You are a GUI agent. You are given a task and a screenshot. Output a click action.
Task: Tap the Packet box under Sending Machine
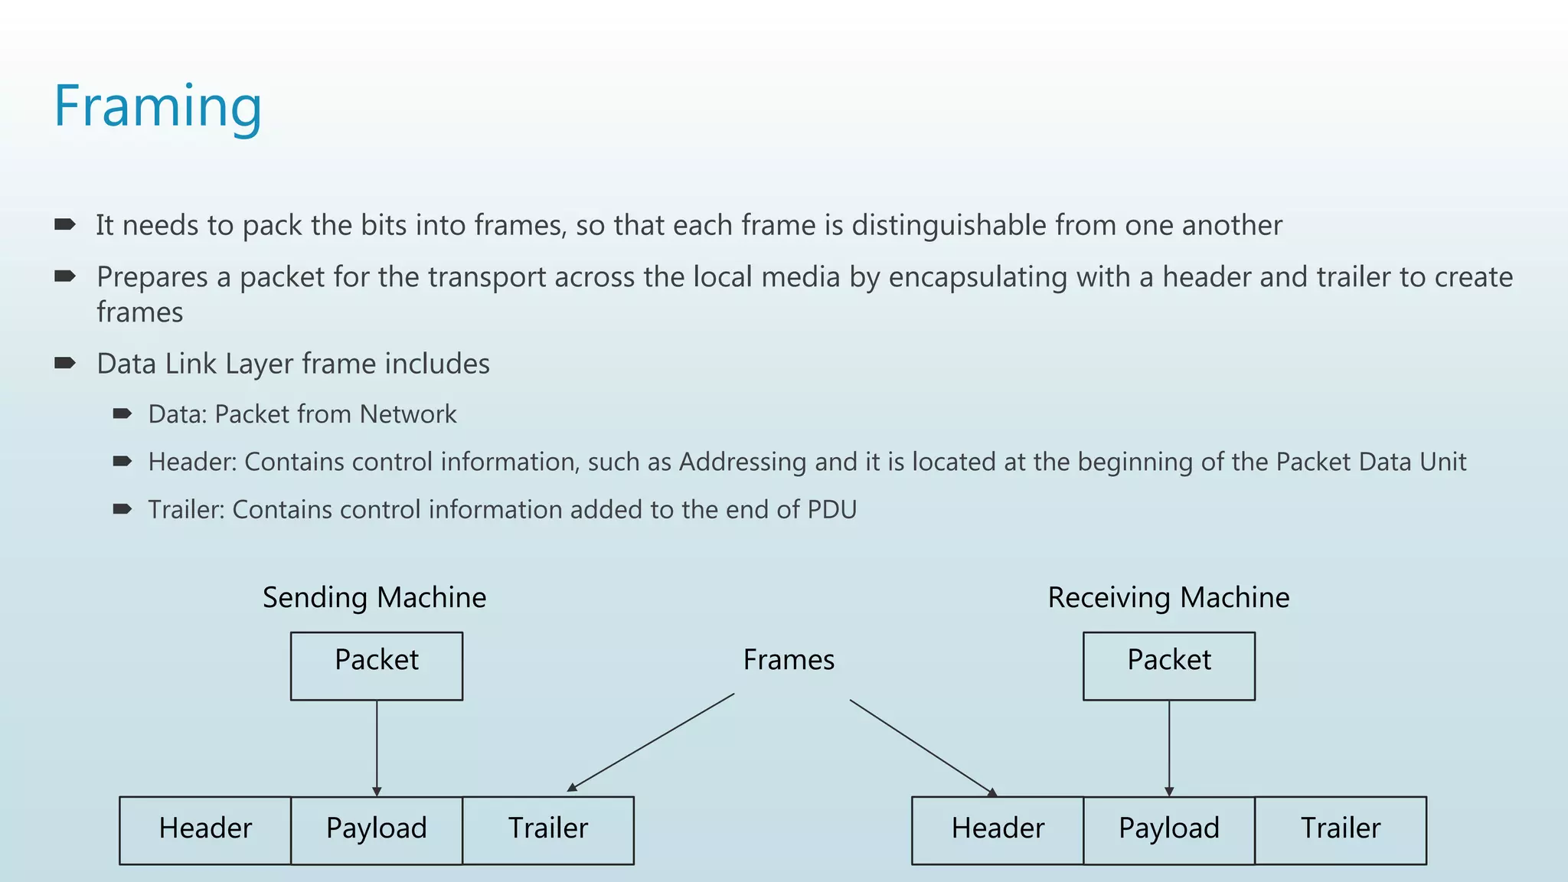(x=376, y=665)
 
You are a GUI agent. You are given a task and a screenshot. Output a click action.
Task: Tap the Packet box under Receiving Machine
(x=1168, y=665)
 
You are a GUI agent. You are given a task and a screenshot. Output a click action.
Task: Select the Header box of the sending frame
(x=205, y=830)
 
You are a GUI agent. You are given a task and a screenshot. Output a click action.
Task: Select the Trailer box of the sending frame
(x=548, y=830)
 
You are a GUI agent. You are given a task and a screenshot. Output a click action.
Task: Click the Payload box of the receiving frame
(x=1168, y=830)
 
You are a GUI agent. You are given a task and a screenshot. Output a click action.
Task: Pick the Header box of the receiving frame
(x=998, y=830)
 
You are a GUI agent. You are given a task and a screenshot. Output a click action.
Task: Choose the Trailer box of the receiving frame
(x=1340, y=830)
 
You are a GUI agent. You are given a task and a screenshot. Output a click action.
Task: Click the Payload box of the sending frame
(x=376, y=830)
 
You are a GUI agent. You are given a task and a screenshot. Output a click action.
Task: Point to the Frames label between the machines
(x=789, y=660)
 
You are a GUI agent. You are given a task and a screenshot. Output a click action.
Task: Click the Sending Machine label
(x=374, y=597)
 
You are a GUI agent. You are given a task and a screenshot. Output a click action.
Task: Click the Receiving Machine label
(x=1168, y=597)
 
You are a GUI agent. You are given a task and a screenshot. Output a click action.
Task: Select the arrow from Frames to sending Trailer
(x=651, y=743)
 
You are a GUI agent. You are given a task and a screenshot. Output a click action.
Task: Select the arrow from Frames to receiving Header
(x=923, y=747)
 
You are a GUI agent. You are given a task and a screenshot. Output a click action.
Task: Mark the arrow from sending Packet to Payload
(x=377, y=746)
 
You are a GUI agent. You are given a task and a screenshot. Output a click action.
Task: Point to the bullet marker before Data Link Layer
(x=65, y=363)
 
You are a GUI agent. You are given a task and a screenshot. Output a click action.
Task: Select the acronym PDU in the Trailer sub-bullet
(x=831, y=509)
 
